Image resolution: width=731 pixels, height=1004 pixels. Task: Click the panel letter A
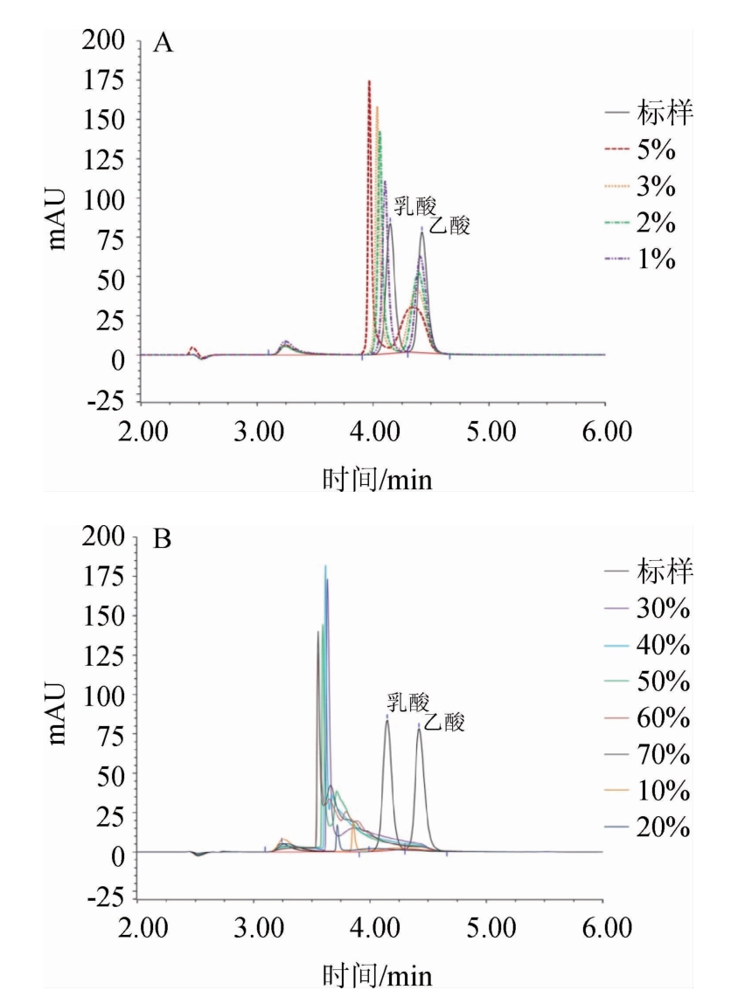(x=163, y=44)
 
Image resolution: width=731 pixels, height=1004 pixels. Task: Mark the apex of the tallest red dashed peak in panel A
(x=369, y=81)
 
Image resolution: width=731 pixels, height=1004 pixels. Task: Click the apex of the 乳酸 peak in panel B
(x=387, y=721)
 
